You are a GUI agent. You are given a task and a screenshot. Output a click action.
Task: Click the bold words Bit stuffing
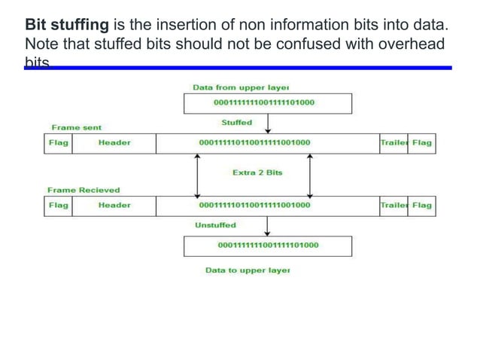[66, 26]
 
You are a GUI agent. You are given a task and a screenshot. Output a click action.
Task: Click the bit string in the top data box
[267, 102]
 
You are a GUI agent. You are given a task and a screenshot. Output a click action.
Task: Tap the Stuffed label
[236, 122]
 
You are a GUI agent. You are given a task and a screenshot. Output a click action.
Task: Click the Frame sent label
[76, 128]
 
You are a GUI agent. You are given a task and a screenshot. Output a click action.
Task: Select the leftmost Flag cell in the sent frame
[58, 142]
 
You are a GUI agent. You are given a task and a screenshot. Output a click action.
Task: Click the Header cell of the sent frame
[114, 142]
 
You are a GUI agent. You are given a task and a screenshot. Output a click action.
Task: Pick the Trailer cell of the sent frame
[393, 142]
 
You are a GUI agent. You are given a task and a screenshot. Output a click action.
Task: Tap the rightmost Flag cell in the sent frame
[421, 142]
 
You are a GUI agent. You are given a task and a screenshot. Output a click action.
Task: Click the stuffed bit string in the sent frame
[254, 142]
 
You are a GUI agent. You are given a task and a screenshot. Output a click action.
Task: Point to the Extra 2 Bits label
[257, 172]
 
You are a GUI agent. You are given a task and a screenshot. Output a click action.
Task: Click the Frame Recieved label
[84, 191]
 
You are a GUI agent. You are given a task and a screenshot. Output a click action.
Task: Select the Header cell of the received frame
[114, 205]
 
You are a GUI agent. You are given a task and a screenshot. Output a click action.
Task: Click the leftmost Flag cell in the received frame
[58, 205]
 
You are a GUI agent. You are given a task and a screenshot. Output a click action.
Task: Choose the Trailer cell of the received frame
[393, 205]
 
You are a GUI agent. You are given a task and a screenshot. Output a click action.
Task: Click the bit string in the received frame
[254, 205]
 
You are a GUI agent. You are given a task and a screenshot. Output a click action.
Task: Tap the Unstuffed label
[215, 225]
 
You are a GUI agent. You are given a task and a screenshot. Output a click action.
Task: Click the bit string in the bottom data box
[267, 245]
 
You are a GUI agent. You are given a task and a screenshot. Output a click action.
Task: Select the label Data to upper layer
[248, 270]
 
